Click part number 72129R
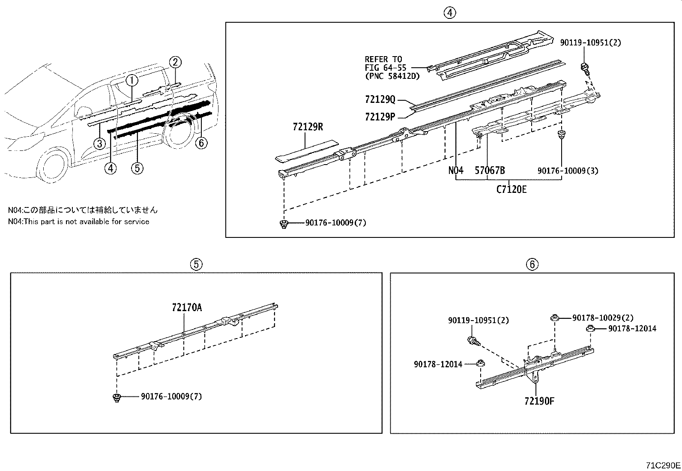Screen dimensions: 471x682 coord(308,127)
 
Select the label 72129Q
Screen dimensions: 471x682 coord(380,99)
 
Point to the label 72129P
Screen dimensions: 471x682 coord(380,116)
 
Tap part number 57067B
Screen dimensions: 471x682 coord(490,171)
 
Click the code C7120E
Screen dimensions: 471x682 coord(511,189)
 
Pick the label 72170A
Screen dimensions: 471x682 coord(186,308)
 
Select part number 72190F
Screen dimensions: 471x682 coord(539,401)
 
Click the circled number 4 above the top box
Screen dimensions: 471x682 coord(449,13)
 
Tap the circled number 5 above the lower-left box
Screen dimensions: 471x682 coord(196,264)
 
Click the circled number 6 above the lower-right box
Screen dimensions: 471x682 coord(532,264)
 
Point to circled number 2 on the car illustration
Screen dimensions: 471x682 coord(175,63)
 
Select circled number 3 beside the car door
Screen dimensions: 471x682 coord(99,143)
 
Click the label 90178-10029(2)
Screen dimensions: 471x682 coord(602,318)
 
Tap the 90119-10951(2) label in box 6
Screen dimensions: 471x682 coord(479,320)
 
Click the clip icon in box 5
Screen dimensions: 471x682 coord(116,397)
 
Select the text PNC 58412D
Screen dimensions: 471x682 coord(392,76)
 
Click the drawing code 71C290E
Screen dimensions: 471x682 coord(663,465)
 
